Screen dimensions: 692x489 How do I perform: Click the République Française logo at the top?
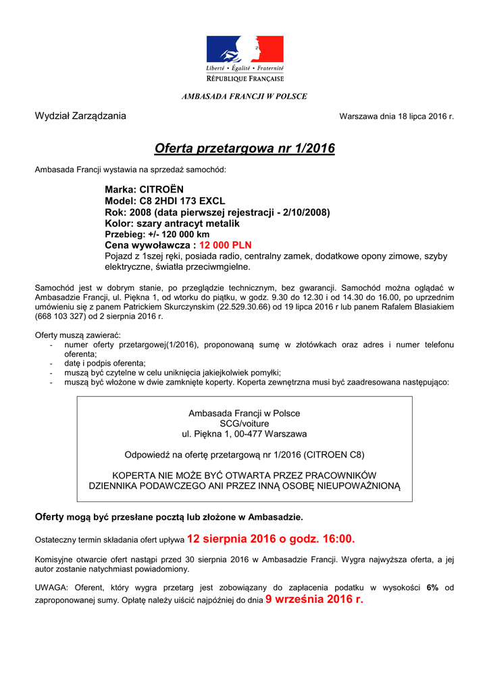coord(244,58)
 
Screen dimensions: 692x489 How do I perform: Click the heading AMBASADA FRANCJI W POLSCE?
coord(244,96)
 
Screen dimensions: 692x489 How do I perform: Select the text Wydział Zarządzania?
coord(80,116)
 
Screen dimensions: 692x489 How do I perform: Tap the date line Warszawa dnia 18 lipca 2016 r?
coord(396,116)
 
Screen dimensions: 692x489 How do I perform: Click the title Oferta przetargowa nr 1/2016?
coord(244,148)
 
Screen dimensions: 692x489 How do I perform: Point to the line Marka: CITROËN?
coord(144,190)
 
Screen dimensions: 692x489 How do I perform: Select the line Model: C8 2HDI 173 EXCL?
coord(165,201)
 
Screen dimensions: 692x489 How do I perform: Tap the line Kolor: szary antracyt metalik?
coord(172,223)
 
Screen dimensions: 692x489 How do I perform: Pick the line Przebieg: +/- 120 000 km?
coord(157,234)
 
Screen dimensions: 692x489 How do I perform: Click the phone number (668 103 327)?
coord(62,316)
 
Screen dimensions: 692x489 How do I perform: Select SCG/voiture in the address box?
coord(244,423)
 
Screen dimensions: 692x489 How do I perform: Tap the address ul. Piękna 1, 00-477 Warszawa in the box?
coord(244,433)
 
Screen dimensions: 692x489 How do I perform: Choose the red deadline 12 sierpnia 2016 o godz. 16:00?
coord(270,539)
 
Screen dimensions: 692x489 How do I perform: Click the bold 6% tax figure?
coord(432,587)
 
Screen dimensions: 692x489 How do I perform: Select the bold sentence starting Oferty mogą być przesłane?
coord(169,517)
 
